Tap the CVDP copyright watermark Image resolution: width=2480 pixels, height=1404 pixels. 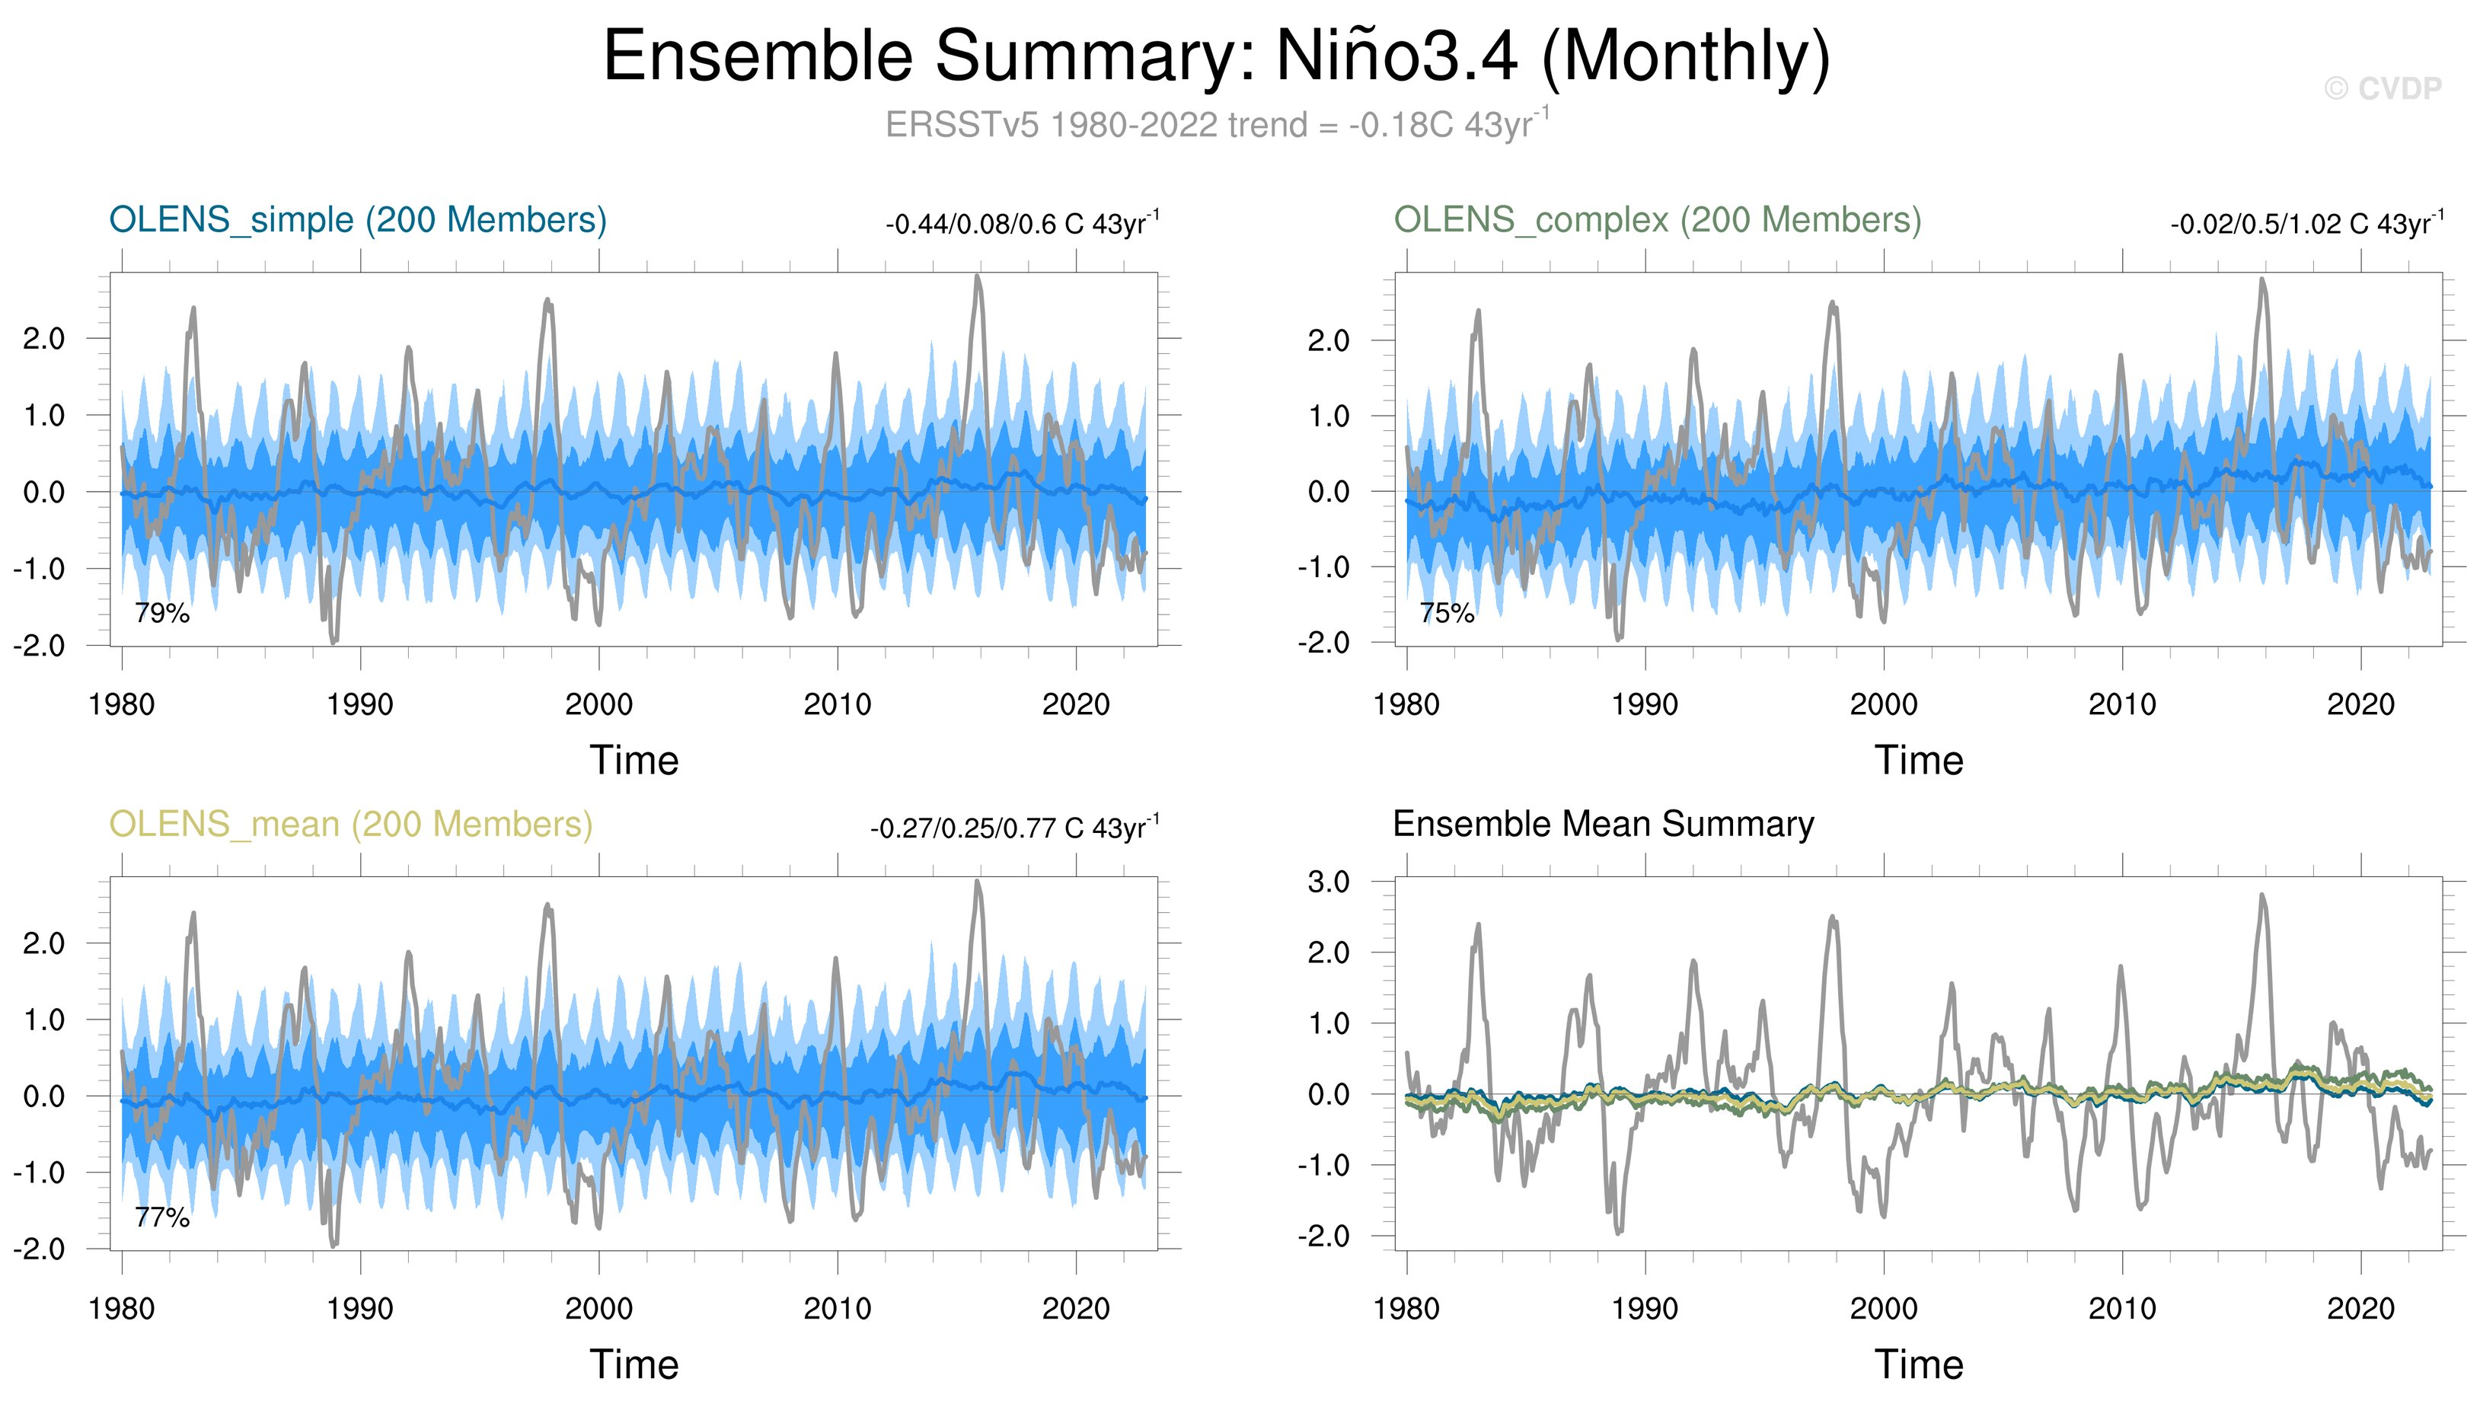click(x=2382, y=89)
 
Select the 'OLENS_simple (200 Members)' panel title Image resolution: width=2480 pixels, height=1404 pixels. click(x=358, y=220)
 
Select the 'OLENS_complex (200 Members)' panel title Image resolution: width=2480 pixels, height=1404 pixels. click(x=1657, y=220)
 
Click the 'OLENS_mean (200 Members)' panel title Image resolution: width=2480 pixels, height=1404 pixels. click(x=351, y=825)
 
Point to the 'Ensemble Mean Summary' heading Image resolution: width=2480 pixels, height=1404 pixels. click(x=1603, y=825)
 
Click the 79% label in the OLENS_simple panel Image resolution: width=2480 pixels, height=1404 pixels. click(x=162, y=613)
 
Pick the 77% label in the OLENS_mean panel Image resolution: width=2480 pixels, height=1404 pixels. click(x=162, y=1218)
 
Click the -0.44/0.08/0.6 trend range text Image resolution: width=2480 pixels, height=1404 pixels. click(x=1021, y=224)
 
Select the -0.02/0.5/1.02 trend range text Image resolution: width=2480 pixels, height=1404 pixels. click(x=2306, y=224)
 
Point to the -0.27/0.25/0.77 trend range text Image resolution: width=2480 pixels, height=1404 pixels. click(x=1013, y=828)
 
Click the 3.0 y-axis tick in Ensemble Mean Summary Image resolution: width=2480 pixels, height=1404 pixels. click(x=1328, y=882)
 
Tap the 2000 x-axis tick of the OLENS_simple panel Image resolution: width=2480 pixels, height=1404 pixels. click(x=598, y=705)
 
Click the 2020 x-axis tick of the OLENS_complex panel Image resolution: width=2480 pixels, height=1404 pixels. click(x=2360, y=705)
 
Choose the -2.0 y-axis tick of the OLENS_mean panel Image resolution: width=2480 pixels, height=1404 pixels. click(x=39, y=1249)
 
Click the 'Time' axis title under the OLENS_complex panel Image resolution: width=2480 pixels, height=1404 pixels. click(x=1918, y=761)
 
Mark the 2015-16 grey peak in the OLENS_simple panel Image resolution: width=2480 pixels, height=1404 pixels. click(x=978, y=279)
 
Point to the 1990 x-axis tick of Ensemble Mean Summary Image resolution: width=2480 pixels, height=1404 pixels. click(x=1644, y=1310)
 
